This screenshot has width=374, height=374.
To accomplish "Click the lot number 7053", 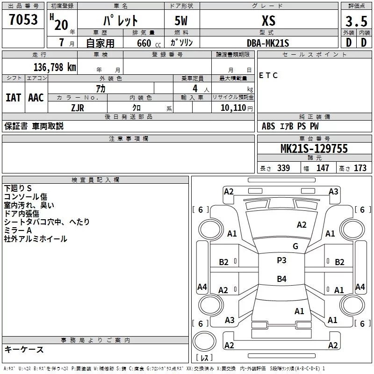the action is [23, 20].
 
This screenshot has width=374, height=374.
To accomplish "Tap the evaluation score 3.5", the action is [355, 22].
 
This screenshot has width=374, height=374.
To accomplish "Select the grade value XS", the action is [268, 21].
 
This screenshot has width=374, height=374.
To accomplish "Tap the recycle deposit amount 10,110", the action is [232, 108].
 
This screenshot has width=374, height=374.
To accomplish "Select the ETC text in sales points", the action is [268, 75].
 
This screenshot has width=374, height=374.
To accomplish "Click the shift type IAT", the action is [13, 98].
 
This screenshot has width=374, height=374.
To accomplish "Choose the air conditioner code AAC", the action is [36, 98].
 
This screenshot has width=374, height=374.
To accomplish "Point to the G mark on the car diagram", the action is [295, 246].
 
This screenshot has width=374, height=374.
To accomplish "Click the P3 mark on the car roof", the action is [281, 260].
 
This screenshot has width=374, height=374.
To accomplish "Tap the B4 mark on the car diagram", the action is [281, 279].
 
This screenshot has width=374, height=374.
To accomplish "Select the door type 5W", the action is [182, 21].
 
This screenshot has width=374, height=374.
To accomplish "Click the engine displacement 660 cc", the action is [141, 43].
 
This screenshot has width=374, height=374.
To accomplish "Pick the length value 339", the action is [283, 168].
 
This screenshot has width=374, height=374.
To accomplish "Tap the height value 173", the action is [360, 168].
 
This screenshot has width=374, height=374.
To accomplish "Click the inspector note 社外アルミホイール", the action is [36, 239].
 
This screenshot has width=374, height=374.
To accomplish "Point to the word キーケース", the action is [24, 349].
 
